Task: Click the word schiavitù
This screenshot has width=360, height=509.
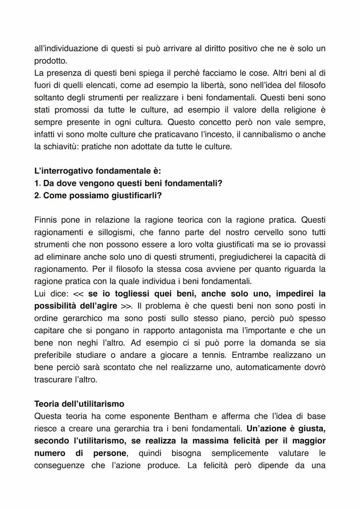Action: click(x=58, y=146)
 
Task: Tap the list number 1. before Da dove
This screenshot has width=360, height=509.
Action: click(x=37, y=183)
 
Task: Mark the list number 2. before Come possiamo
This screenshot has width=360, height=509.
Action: click(x=37, y=196)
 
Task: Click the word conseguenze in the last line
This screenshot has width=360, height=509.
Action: click(x=60, y=466)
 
